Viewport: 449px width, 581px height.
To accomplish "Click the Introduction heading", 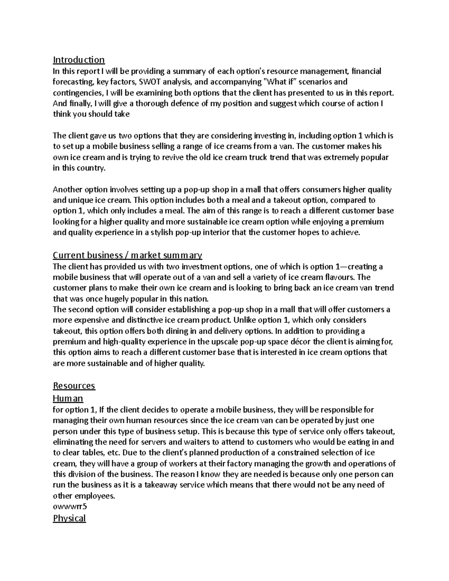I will (79, 60).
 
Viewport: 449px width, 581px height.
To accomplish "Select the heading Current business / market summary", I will (127, 256).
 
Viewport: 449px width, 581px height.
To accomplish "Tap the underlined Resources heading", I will (74, 386).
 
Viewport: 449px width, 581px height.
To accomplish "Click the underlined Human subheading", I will (68, 398).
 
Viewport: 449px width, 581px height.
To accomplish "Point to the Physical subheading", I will (70, 518).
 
